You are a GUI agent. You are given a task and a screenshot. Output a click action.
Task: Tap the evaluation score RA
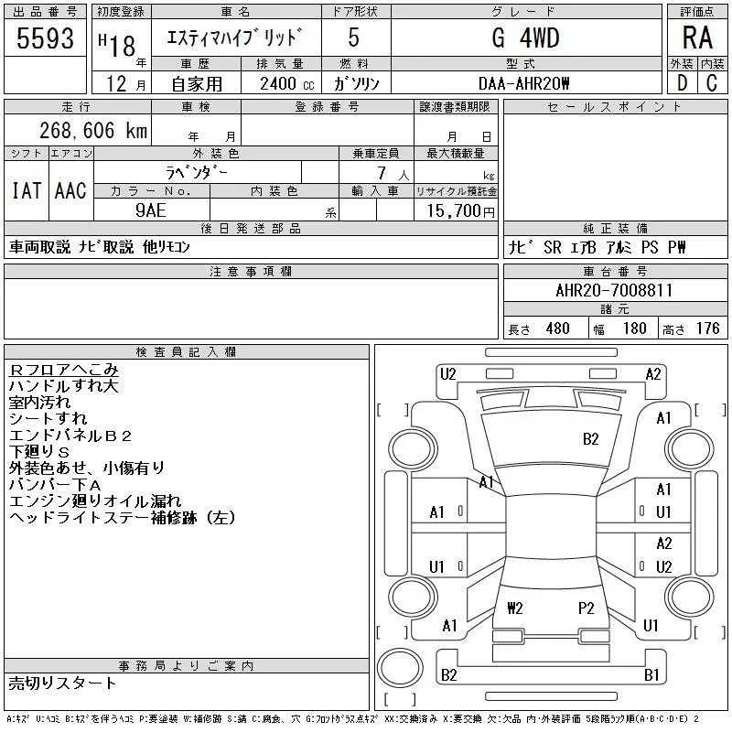click(697, 38)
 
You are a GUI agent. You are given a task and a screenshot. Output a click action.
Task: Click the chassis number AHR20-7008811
click(614, 290)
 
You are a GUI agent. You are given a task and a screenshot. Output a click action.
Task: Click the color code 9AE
click(151, 210)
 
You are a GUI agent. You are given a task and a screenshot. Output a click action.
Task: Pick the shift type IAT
click(26, 190)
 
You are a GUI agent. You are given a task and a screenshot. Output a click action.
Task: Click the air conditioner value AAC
click(70, 190)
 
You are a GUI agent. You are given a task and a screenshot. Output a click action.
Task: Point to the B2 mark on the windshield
click(590, 439)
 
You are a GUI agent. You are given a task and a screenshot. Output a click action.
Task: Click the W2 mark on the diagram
click(515, 608)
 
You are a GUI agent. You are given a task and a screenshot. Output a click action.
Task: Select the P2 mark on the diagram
click(587, 608)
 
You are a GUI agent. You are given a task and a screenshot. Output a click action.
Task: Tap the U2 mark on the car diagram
click(447, 373)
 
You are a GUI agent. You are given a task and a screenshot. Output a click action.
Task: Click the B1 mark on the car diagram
click(652, 675)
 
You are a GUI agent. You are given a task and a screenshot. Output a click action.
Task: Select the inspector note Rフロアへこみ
click(63, 370)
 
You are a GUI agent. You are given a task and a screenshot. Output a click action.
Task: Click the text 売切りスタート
click(62, 683)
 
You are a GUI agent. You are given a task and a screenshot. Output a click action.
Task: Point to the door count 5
click(354, 38)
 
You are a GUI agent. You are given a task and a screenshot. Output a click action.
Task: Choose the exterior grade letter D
click(681, 83)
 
